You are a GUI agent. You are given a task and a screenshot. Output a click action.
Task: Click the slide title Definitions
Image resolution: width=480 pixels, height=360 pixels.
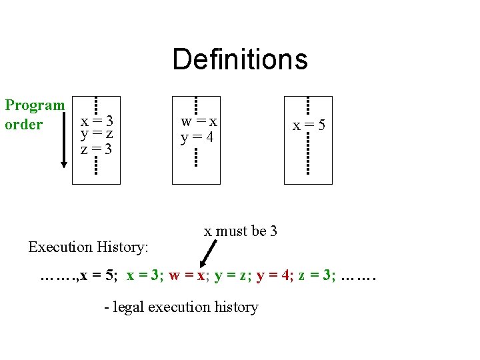[240, 59]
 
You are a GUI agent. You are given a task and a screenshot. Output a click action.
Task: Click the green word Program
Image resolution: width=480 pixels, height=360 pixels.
[35, 105]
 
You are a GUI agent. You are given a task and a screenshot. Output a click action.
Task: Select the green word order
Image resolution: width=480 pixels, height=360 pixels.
[23, 125]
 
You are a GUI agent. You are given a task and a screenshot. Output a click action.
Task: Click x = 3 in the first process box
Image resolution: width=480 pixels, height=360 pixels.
[97, 122]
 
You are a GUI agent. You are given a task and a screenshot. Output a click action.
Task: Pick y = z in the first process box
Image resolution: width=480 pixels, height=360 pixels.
[97, 135]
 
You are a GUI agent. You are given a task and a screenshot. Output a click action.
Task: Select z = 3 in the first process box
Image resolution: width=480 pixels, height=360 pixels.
[97, 148]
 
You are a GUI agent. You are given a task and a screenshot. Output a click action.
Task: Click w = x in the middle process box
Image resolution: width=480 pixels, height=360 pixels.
[199, 122]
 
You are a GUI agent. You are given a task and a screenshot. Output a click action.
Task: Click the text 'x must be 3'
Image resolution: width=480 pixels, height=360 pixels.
[240, 231]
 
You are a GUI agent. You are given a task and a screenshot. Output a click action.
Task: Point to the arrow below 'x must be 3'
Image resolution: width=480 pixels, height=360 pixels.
[209, 253]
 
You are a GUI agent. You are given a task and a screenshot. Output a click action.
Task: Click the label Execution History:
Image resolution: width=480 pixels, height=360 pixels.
[88, 247]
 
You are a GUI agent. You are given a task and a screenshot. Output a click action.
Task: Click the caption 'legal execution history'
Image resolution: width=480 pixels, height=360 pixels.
[181, 307]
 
